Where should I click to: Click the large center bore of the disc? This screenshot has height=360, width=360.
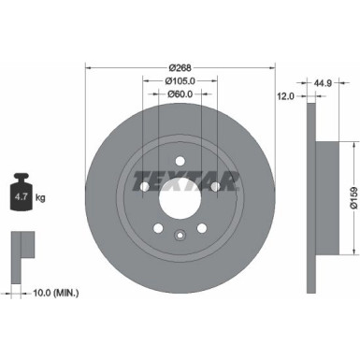pos(180,197)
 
